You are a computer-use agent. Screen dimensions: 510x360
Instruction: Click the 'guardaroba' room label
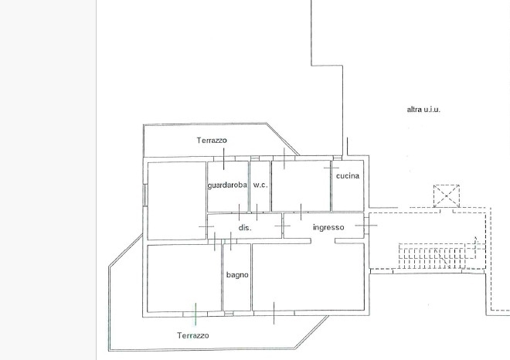click(227, 185)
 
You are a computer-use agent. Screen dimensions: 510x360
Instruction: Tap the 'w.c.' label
click(260, 185)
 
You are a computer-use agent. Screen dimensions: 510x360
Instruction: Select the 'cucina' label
click(348, 176)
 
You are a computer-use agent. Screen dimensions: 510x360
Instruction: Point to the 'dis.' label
click(245, 228)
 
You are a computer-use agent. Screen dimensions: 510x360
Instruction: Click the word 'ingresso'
click(328, 227)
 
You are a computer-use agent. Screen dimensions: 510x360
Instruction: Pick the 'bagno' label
click(237, 275)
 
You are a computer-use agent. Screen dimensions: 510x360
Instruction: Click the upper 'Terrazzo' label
click(212, 141)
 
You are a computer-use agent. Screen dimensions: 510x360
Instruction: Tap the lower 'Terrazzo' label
click(193, 335)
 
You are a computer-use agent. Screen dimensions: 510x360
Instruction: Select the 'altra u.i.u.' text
click(423, 110)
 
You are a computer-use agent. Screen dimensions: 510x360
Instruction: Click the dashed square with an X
click(447, 195)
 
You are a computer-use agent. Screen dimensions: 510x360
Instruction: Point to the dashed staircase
click(437, 256)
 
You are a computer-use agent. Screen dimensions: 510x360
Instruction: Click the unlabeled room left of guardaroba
click(177, 201)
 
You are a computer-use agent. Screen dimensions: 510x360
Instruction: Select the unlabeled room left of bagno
click(184, 278)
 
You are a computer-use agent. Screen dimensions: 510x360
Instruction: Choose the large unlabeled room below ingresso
click(308, 277)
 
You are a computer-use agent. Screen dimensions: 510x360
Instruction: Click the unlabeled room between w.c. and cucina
click(301, 185)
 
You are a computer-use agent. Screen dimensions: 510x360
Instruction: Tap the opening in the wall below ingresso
click(323, 241)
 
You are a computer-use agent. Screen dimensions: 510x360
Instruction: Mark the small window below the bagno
click(229, 314)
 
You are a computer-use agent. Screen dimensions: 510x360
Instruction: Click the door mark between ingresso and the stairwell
click(366, 225)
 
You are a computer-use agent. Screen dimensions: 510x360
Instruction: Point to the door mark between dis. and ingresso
click(283, 226)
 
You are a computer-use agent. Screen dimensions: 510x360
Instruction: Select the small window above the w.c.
click(255, 158)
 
